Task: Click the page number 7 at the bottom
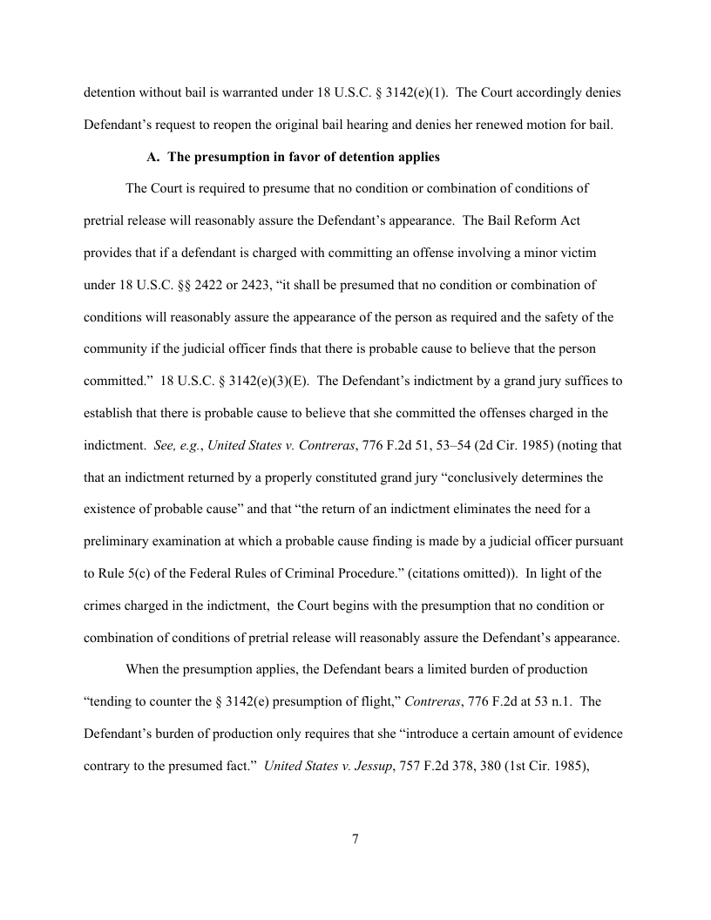[x=355, y=839]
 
